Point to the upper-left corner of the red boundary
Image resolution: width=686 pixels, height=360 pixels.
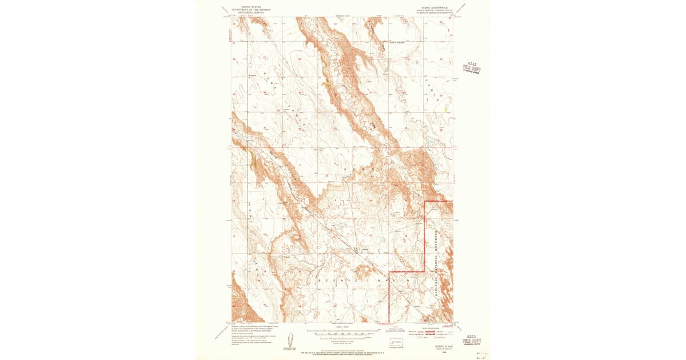(425, 202)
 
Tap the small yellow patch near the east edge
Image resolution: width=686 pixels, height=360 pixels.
(446, 107)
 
